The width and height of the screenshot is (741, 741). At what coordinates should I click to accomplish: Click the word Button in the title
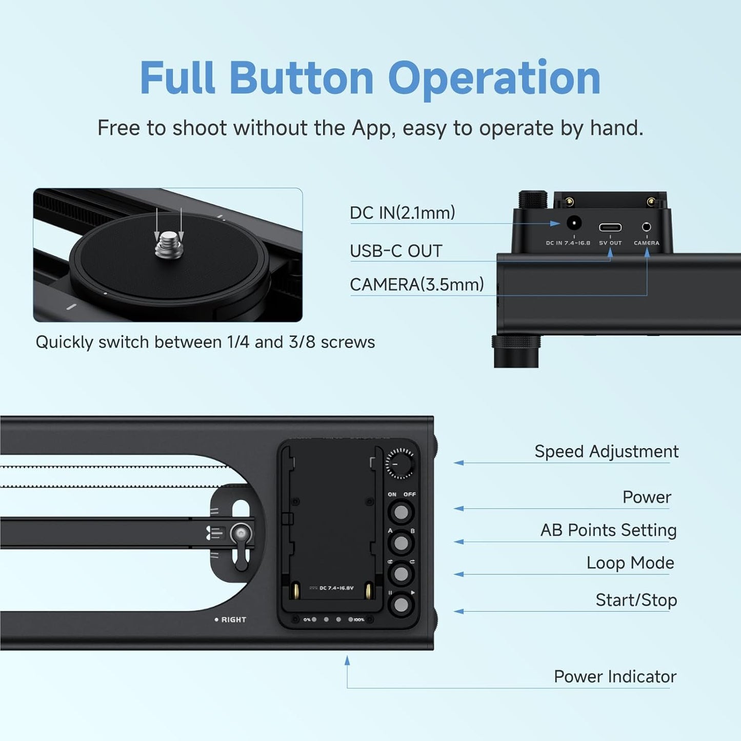(x=301, y=78)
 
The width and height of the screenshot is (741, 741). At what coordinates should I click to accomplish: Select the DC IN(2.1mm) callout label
(x=402, y=213)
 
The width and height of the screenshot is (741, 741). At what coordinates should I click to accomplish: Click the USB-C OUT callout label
(x=396, y=251)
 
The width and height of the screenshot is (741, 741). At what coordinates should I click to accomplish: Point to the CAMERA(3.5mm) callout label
(x=416, y=285)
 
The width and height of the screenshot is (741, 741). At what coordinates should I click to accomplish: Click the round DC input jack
(x=573, y=224)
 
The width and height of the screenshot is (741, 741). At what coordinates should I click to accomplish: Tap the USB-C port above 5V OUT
(x=610, y=227)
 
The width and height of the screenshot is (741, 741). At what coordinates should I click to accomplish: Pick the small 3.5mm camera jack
(x=646, y=227)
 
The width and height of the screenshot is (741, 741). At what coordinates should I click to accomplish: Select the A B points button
(x=401, y=543)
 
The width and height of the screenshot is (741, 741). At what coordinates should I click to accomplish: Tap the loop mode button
(x=401, y=574)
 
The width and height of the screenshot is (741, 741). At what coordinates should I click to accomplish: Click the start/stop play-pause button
(x=401, y=606)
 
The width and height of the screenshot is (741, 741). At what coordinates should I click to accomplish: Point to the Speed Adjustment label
(x=606, y=452)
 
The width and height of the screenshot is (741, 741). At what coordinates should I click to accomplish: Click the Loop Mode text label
(x=630, y=563)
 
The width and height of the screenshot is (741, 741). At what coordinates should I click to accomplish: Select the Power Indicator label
(x=615, y=677)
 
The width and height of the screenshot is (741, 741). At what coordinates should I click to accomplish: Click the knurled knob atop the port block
(x=533, y=200)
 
